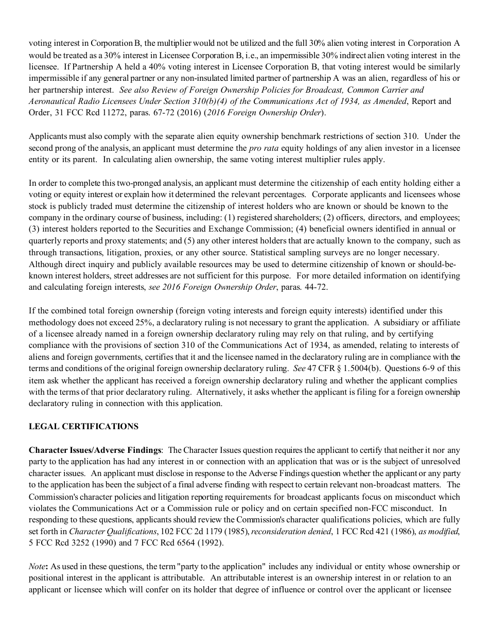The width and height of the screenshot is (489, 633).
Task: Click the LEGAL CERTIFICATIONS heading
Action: (x=83, y=426)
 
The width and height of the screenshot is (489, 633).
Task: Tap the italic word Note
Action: (x=37, y=566)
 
